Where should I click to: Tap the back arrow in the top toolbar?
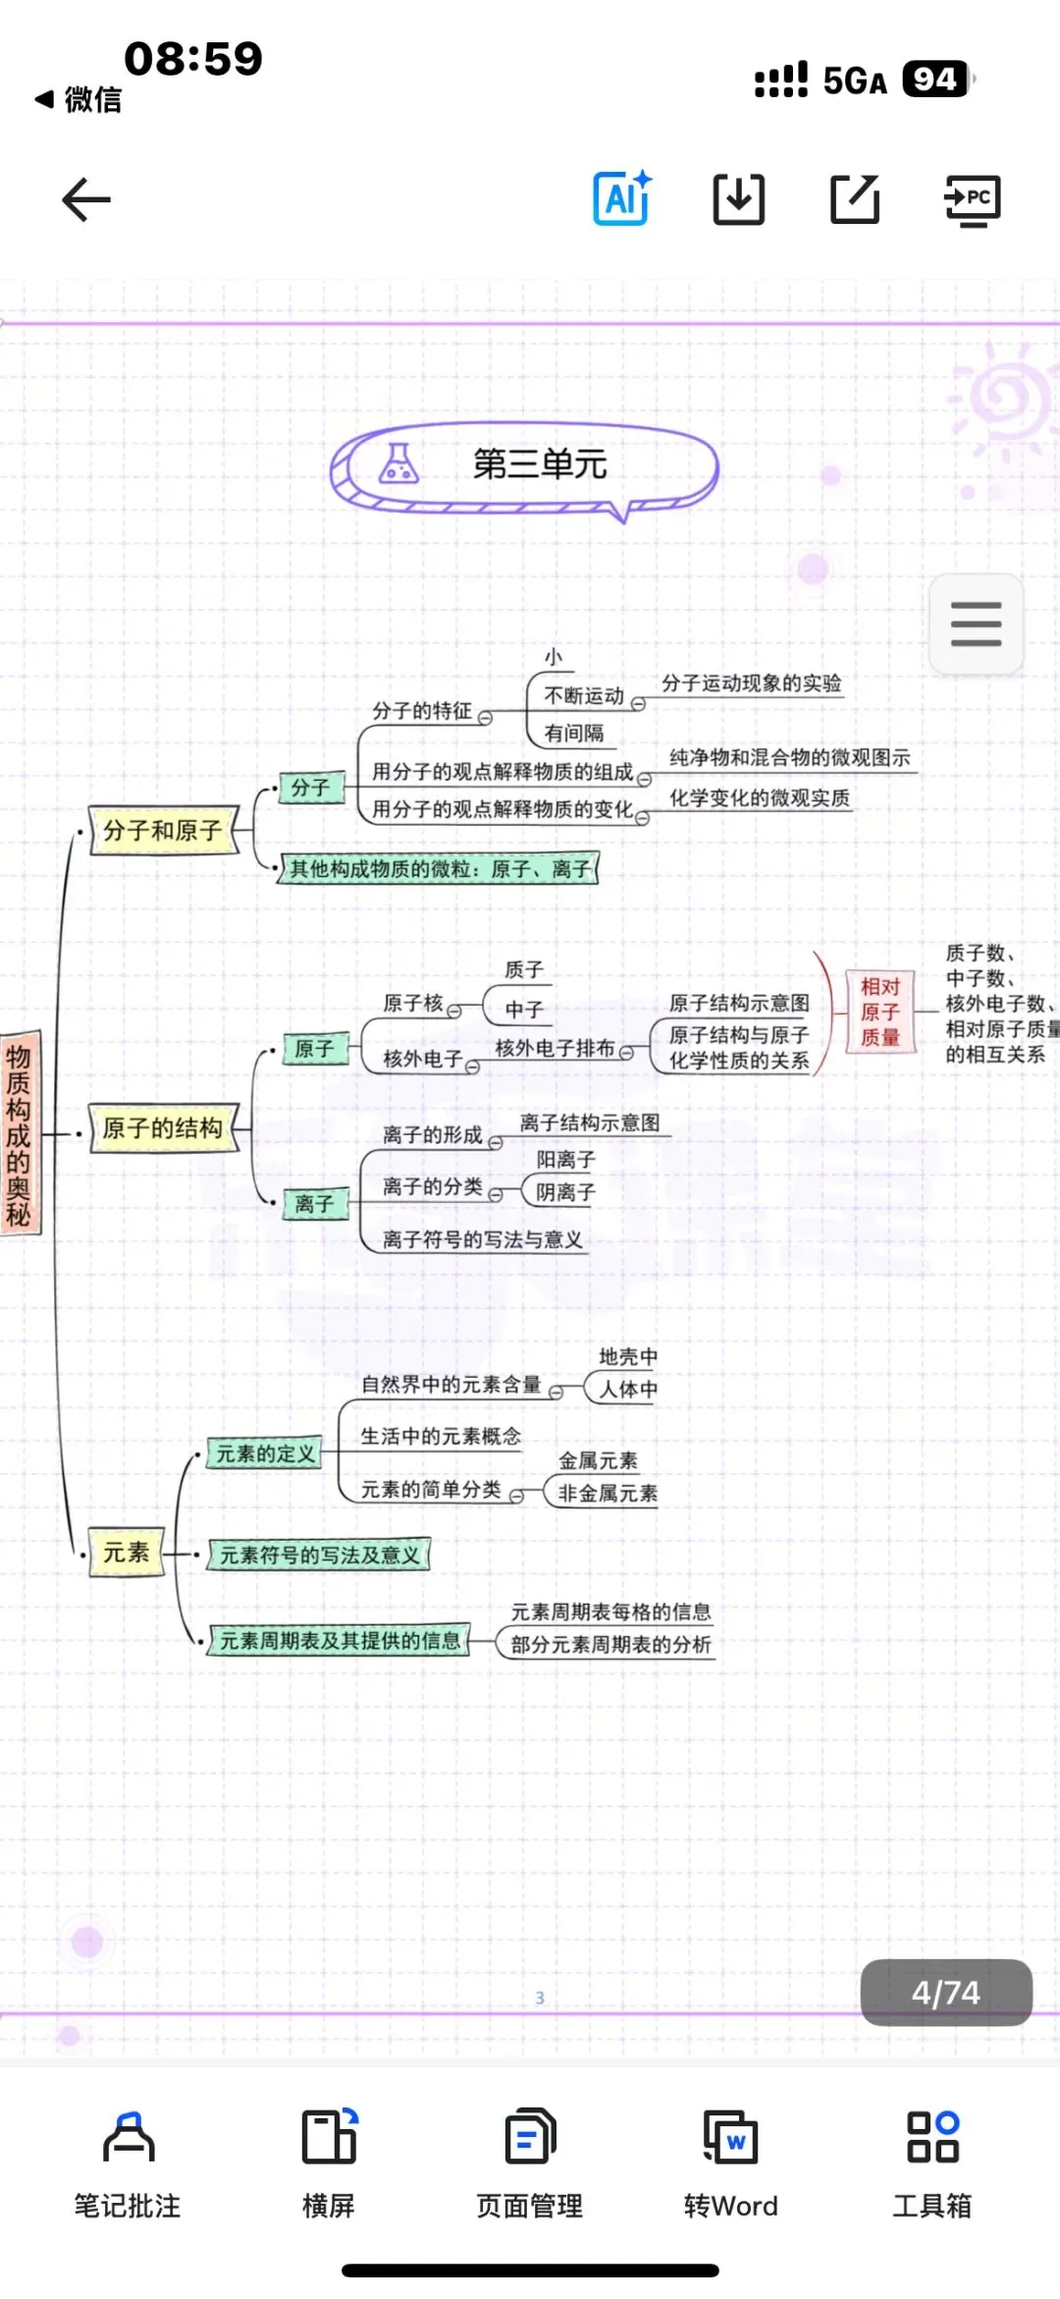(x=86, y=200)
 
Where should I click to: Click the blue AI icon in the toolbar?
(x=622, y=198)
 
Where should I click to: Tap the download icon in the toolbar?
(x=738, y=199)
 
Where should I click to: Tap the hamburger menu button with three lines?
(x=976, y=625)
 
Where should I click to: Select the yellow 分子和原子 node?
(x=163, y=831)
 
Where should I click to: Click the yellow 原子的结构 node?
(x=163, y=1128)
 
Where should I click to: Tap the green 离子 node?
(x=315, y=1203)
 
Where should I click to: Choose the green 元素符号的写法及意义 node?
(x=319, y=1555)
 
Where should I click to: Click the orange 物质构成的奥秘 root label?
(x=20, y=1134)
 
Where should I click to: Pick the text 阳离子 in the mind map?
(x=565, y=1160)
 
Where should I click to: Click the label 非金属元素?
(x=608, y=1494)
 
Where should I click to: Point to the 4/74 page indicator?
(x=945, y=1993)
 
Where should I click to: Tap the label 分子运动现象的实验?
(x=751, y=684)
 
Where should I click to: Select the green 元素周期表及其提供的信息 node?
(x=339, y=1640)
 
